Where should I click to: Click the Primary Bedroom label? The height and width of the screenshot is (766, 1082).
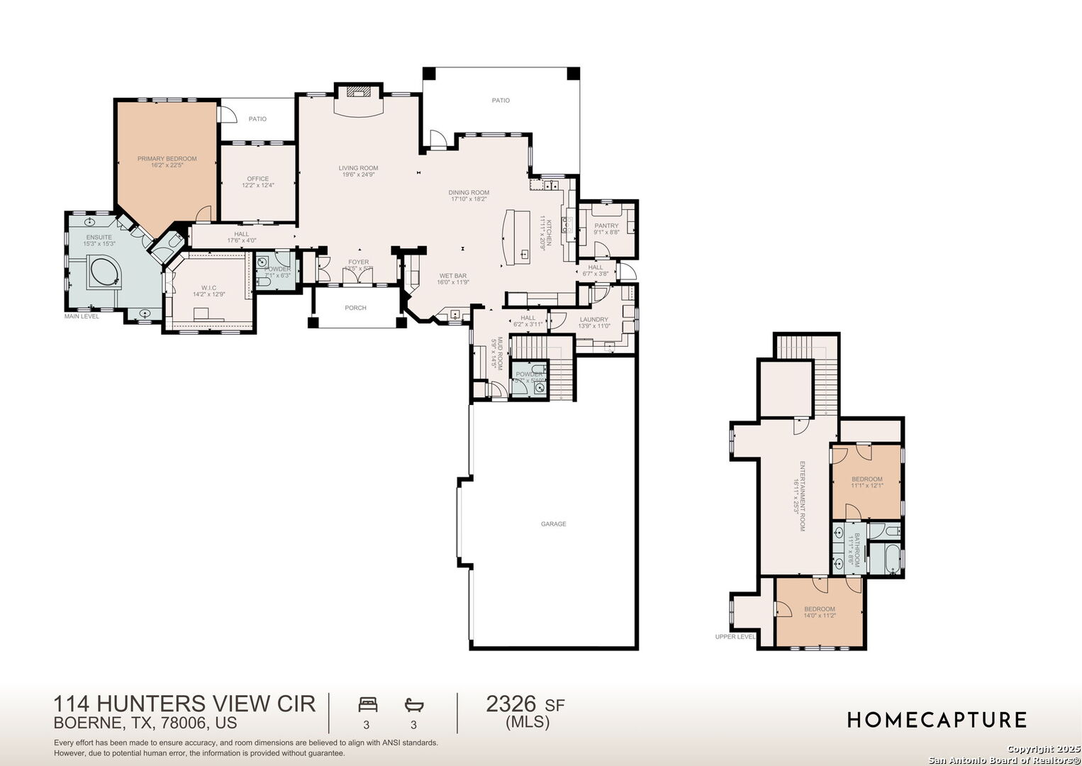pyautogui.click(x=167, y=159)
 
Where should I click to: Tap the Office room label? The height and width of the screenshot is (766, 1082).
pyautogui.click(x=257, y=179)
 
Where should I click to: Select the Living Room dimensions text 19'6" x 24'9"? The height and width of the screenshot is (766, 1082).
pyautogui.click(x=358, y=174)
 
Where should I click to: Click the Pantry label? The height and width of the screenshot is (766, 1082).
pyautogui.click(x=606, y=226)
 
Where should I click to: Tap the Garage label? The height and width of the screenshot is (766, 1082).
pyautogui.click(x=553, y=524)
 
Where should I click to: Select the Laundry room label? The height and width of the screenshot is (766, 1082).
pyautogui.click(x=593, y=320)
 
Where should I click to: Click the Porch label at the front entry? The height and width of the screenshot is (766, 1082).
pyautogui.click(x=355, y=308)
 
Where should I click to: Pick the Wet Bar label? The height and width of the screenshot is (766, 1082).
pyautogui.click(x=452, y=276)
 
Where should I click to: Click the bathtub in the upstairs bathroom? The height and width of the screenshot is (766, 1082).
pyautogui.click(x=883, y=558)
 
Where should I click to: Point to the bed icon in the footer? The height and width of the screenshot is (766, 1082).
pyautogui.click(x=367, y=704)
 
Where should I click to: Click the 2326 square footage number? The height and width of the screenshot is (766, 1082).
pyautogui.click(x=511, y=704)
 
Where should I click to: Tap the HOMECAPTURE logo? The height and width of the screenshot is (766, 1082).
pyautogui.click(x=936, y=720)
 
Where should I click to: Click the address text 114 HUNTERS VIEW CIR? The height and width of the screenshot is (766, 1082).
pyautogui.click(x=184, y=704)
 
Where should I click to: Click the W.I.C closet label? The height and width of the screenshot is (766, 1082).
pyautogui.click(x=208, y=288)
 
